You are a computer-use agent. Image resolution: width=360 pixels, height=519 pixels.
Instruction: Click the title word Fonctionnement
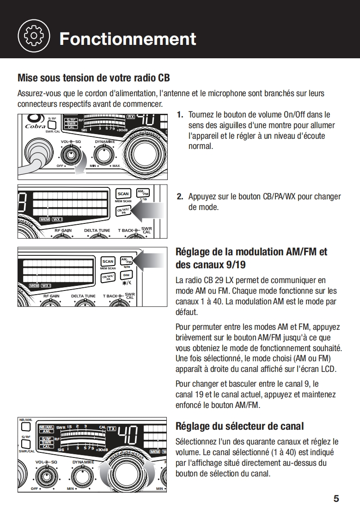(128, 39)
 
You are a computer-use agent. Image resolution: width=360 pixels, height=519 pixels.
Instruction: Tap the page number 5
(336, 499)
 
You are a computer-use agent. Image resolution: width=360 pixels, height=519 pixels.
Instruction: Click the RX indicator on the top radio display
(131, 117)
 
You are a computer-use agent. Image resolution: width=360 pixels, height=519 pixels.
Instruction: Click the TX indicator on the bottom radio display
(111, 429)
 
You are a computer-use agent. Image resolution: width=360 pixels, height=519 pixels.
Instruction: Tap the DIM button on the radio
(125, 276)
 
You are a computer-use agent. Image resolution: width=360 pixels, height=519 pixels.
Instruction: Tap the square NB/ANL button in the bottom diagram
(26, 427)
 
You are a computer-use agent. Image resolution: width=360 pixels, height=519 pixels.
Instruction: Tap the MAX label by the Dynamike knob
(116, 166)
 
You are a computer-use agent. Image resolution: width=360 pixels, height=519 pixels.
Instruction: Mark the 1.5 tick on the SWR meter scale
(69, 426)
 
